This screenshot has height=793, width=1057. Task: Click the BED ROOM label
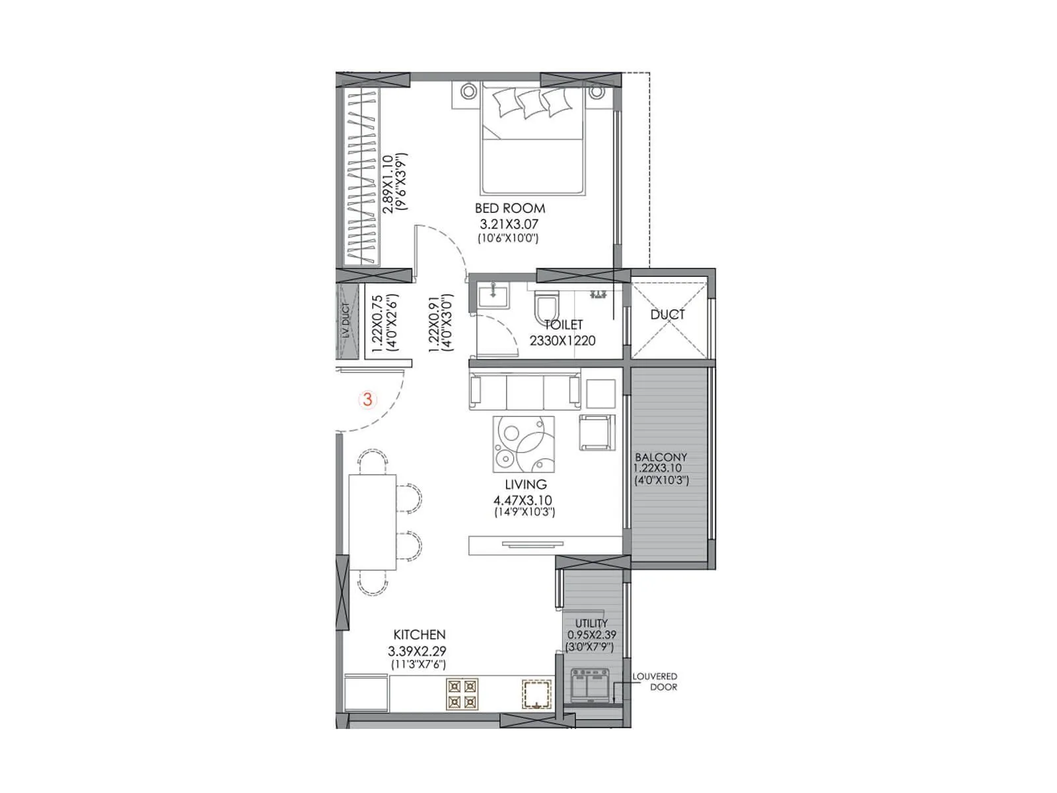coord(509,208)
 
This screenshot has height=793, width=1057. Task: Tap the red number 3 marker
coord(367,399)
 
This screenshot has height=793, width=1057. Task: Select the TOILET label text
coord(564,325)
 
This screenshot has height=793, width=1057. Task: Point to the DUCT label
coord(667,315)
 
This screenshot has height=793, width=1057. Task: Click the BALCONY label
coord(661,457)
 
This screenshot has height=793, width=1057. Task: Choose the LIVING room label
coord(525,484)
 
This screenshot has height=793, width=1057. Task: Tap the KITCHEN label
coord(419,634)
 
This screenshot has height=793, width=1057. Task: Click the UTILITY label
coord(591,623)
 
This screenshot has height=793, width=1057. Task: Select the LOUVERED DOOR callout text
coord(655,681)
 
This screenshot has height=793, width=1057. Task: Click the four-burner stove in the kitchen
coord(462,694)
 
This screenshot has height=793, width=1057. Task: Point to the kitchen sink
coord(536,694)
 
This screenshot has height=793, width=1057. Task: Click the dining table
coord(373,522)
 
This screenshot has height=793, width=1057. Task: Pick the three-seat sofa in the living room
coord(525,391)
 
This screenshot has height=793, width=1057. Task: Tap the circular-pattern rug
coord(524,444)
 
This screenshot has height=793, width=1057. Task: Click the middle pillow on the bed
coord(530,103)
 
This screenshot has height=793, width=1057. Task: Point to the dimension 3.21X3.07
coord(509,224)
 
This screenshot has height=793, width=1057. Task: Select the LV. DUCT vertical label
coord(346,321)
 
